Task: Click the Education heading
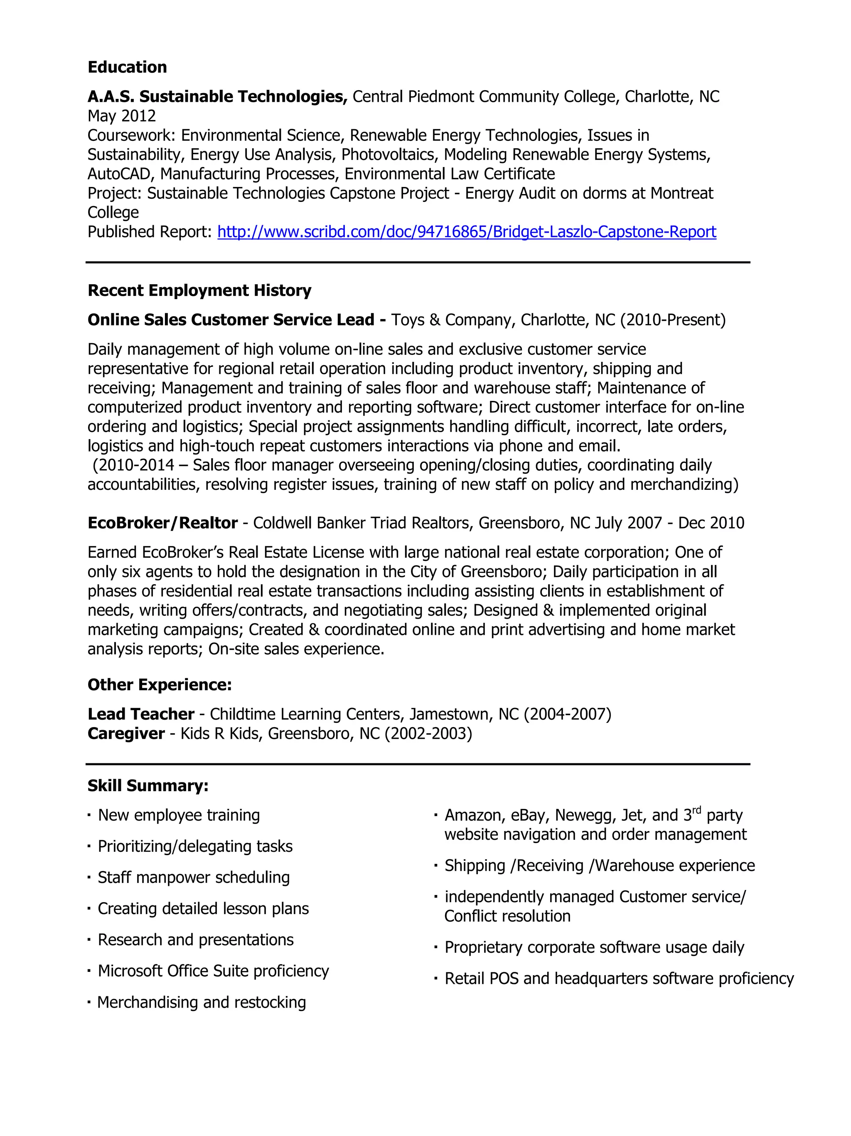[x=127, y=67]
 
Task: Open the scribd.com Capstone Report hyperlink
[x=466, y=232]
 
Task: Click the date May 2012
[x=122, y=116]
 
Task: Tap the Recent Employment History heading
[x=199, y=291]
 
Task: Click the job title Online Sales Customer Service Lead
[x=231, y=320]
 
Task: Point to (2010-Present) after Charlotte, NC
[x=673, y=320]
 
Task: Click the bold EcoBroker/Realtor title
[x=162, y=523]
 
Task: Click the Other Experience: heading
[x=160, y=685]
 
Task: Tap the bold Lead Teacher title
[x=141, y=714]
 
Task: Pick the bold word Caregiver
[x=126, y=733]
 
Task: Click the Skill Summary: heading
[x=148, y=786]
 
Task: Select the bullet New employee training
[x=179, y=815]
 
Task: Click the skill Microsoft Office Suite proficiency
[x=213, y=971]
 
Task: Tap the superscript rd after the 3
[x=696, y=810]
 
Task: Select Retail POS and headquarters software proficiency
[x=619, y=979]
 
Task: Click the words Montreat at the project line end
[x=681, y=194]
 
